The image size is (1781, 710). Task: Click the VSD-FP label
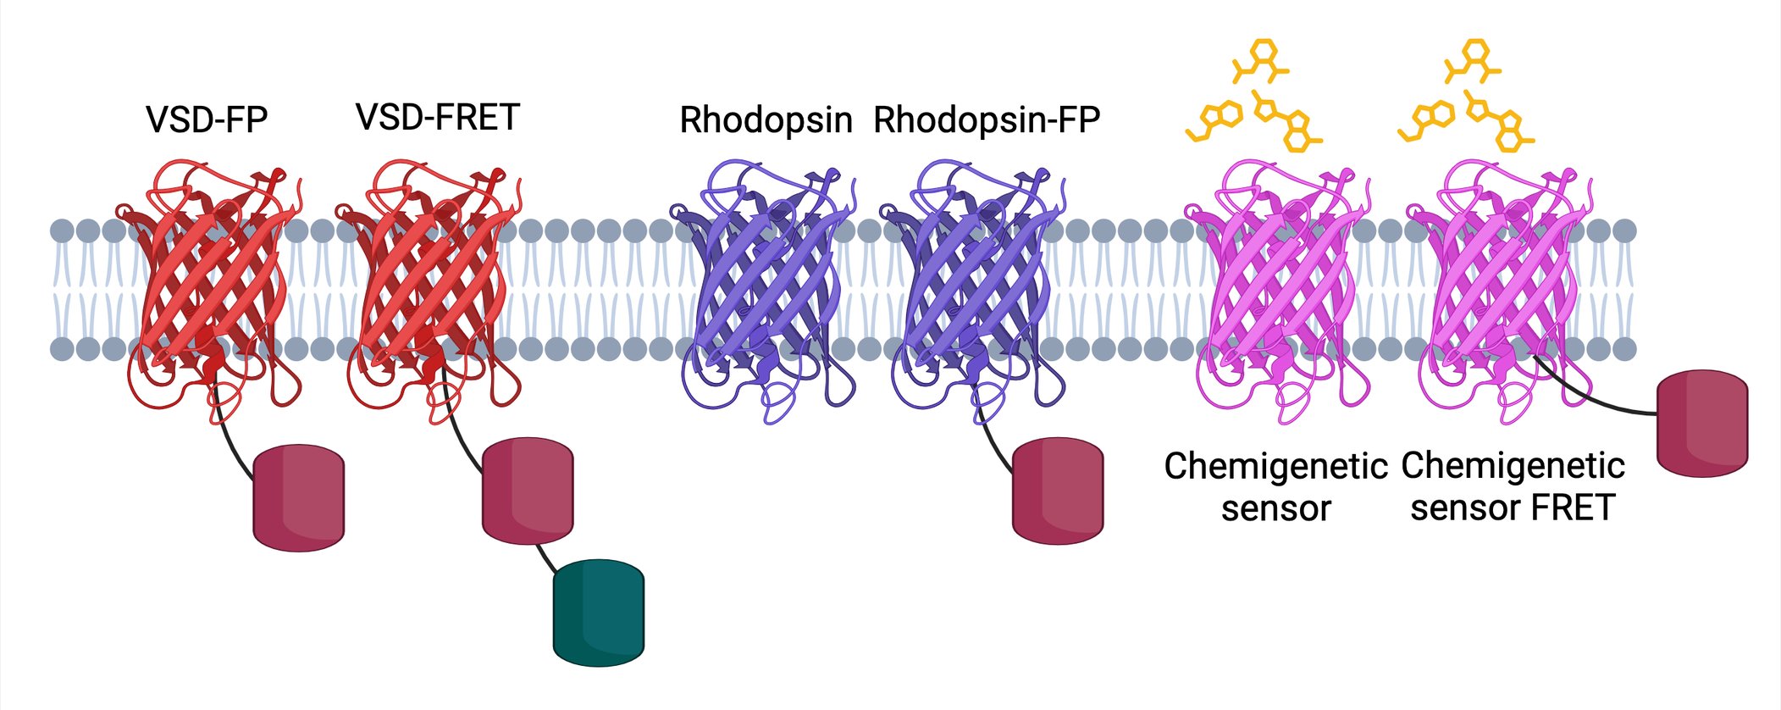(x=207, y=119)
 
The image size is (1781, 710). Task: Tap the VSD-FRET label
(x=437, y=117)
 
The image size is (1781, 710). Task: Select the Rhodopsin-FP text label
(x=987, y=119)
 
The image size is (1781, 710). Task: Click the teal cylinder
(x=599, y=613)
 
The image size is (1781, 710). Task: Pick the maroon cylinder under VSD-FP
(x=299, y=497)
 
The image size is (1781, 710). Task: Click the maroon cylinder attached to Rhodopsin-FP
(x=1058, y=491)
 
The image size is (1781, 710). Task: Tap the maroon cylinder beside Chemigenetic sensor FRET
(x=1702, y=423)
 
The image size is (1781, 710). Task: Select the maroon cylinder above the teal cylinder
(x=528, y=491)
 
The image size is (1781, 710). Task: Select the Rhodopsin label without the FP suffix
(x=766, y=119)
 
